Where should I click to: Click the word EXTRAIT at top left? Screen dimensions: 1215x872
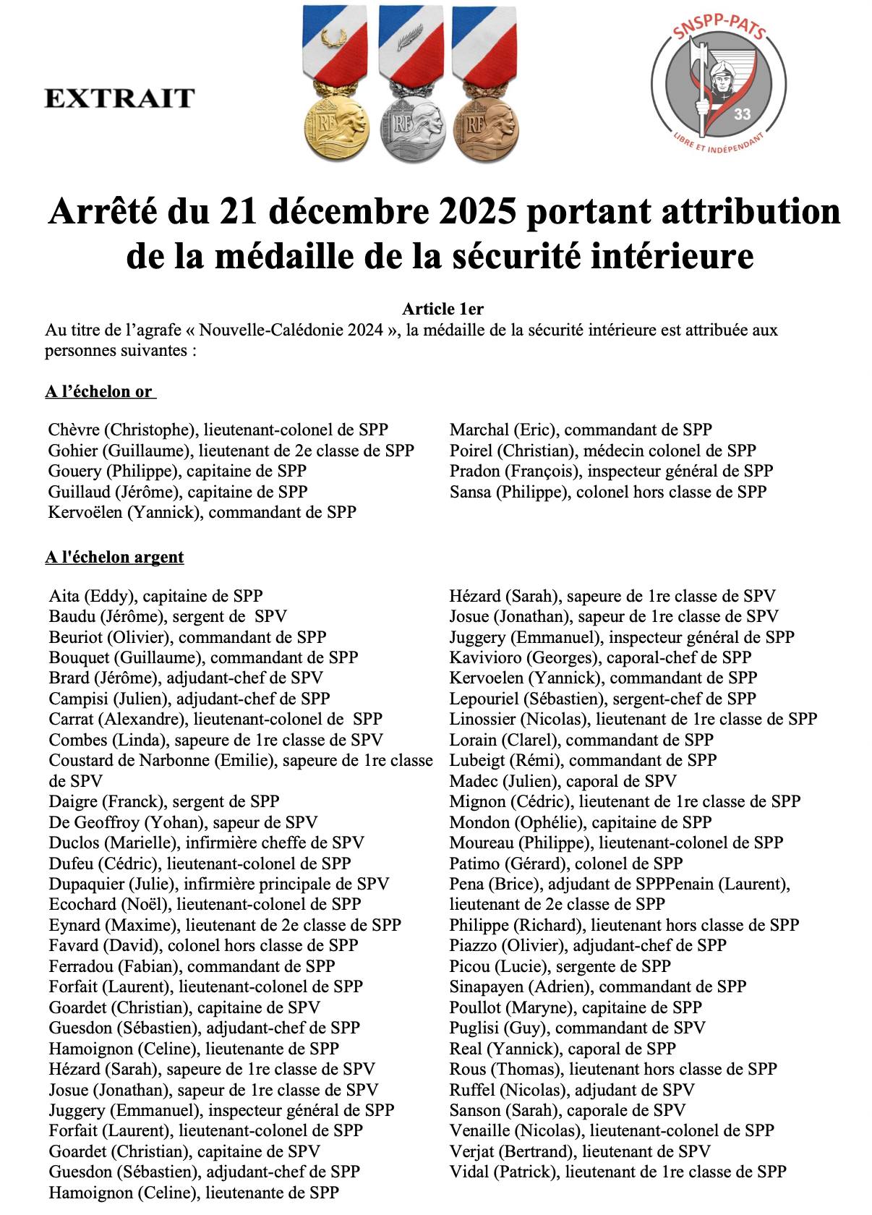[x=119, y=98]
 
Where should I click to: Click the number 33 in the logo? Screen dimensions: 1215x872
[x=742, y=114]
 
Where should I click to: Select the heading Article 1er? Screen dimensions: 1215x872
[x=443, y=309]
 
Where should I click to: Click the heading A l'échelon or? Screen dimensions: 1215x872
[x=100, y=391]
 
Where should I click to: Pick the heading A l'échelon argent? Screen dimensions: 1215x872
[x=114, y=557]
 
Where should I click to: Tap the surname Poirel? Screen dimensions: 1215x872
[x=471, y=450]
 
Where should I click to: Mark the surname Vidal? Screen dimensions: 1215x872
[x=468, y=1172]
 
